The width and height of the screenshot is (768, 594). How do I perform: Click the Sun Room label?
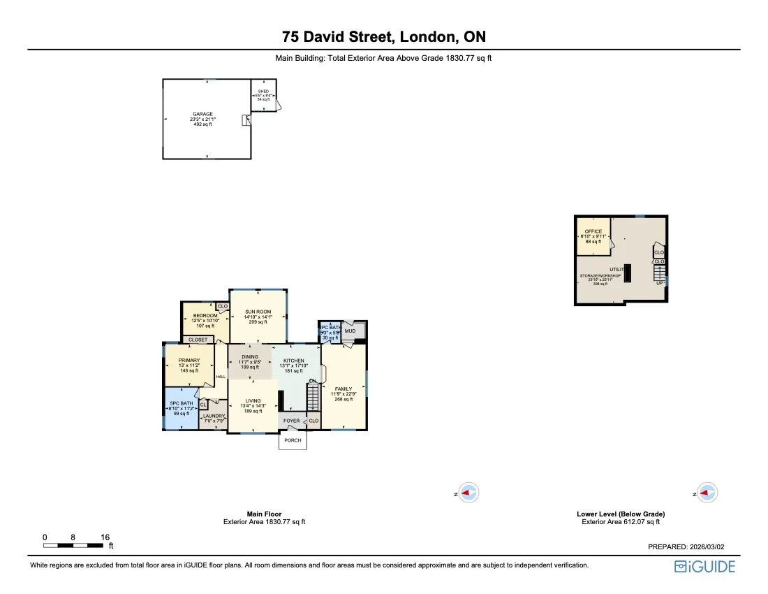pyautogui.click(x=258, y=312)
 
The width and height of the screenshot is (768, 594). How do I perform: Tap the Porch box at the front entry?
pyautogui.click(x=293, y=440)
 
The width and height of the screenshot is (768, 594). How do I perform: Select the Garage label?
pyautogui.click(x=203, y=114)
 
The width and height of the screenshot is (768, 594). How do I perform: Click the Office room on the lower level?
pyautogui.click(x=593, y=231)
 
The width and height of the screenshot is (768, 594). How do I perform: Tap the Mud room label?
pyautogui.click(x=350, y=331)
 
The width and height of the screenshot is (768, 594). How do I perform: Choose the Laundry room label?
pyautogui.click(x=214, y=416)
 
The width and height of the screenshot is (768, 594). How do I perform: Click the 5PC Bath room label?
pyautogui.click(x=181, y=403)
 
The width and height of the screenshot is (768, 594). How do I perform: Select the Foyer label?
pyautogui.click(x=291, y=421)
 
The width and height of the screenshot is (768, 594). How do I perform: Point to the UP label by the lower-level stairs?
pyautogui.click(x=659, y=283)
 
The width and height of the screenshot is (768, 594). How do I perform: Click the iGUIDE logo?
pyautogui.click(x=704, y=567)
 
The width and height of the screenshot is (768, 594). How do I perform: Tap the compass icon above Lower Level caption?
pyautogui.click(x=707, y=493)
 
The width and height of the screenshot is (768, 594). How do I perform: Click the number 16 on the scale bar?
pyautogui.click(x=105, y=537)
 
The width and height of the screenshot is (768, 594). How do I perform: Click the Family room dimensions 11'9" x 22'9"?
pyautogui.click(x=342, y=394)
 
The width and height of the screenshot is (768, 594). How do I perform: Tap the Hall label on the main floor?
pyautogui.click(x=221, y=377)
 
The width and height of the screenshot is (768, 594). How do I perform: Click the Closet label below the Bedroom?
pyautogui.click(x=198, y=340)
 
